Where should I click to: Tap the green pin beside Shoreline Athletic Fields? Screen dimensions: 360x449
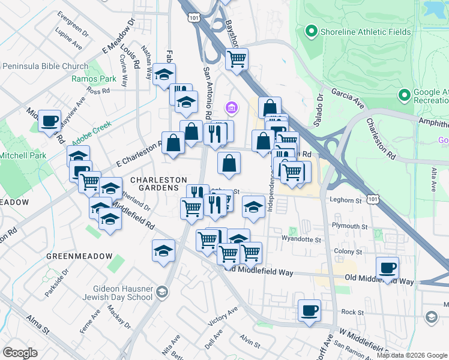(x=311, y=30)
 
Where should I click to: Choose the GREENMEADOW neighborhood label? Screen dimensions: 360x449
(x=79, y=256)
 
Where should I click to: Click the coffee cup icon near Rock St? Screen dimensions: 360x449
(x=310, y=311)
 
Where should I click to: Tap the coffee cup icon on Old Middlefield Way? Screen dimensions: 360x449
(x=388, y=268)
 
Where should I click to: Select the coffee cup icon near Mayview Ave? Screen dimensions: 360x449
(x=49, y=121)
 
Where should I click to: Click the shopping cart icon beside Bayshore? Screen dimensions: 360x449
(x=237, y=59)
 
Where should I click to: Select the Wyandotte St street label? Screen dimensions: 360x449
(x=302, y=239)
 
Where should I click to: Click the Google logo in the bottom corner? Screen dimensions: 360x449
(x=20, y=353)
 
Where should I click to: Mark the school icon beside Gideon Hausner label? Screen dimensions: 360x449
(x=161, y=292)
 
